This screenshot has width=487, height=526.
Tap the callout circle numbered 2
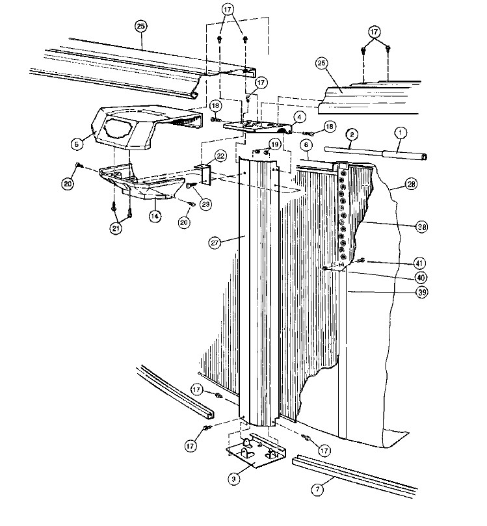pos(351,135)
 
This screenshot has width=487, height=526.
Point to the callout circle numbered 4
pos(298,117)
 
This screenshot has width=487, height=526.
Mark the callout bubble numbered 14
pos(155,215)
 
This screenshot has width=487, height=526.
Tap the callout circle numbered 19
pos(275,144)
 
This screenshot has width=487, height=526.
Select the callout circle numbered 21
pos(116,228)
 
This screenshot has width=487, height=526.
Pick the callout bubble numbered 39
pos(421,293)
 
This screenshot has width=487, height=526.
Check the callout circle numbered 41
pos(421,263)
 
